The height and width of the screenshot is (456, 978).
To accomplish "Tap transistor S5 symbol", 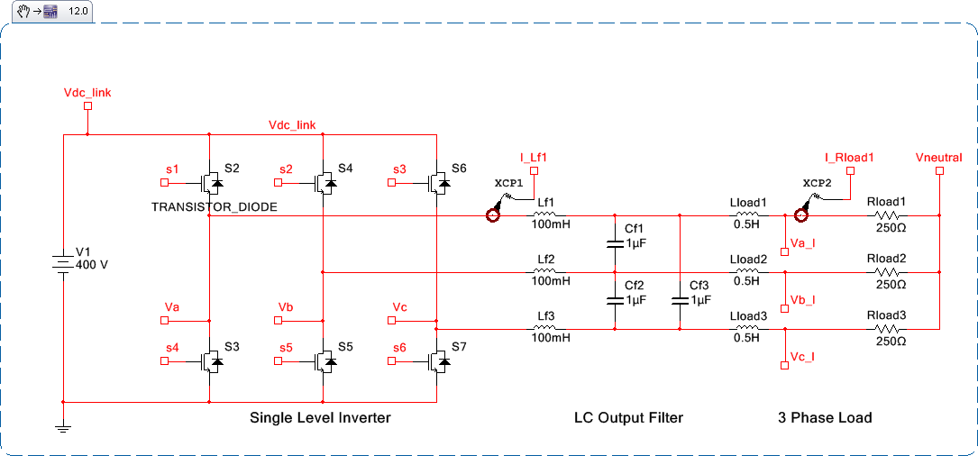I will (x=324, y=360).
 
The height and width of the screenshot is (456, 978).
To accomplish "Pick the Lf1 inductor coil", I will (x=545, y=215).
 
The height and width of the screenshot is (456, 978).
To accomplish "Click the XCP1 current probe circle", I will (x=493, y=215).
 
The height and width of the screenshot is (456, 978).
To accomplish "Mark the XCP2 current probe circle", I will (x=799, y=214).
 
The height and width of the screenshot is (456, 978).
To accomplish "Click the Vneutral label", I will (x=938, y=157).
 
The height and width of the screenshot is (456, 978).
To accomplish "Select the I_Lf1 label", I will (x=534, y=157).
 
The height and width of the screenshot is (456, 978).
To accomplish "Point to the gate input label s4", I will (x=171, y=347).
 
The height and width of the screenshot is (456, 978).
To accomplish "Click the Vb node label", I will (x=287, y=307).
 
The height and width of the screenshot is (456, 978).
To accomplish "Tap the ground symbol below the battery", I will (x=63, y=427).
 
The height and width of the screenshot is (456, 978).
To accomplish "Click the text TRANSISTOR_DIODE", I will (x=214, y=206).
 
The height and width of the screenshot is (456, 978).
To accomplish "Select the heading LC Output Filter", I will (x=628, y=417).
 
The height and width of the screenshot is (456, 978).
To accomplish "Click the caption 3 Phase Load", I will (x=825, y=417).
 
